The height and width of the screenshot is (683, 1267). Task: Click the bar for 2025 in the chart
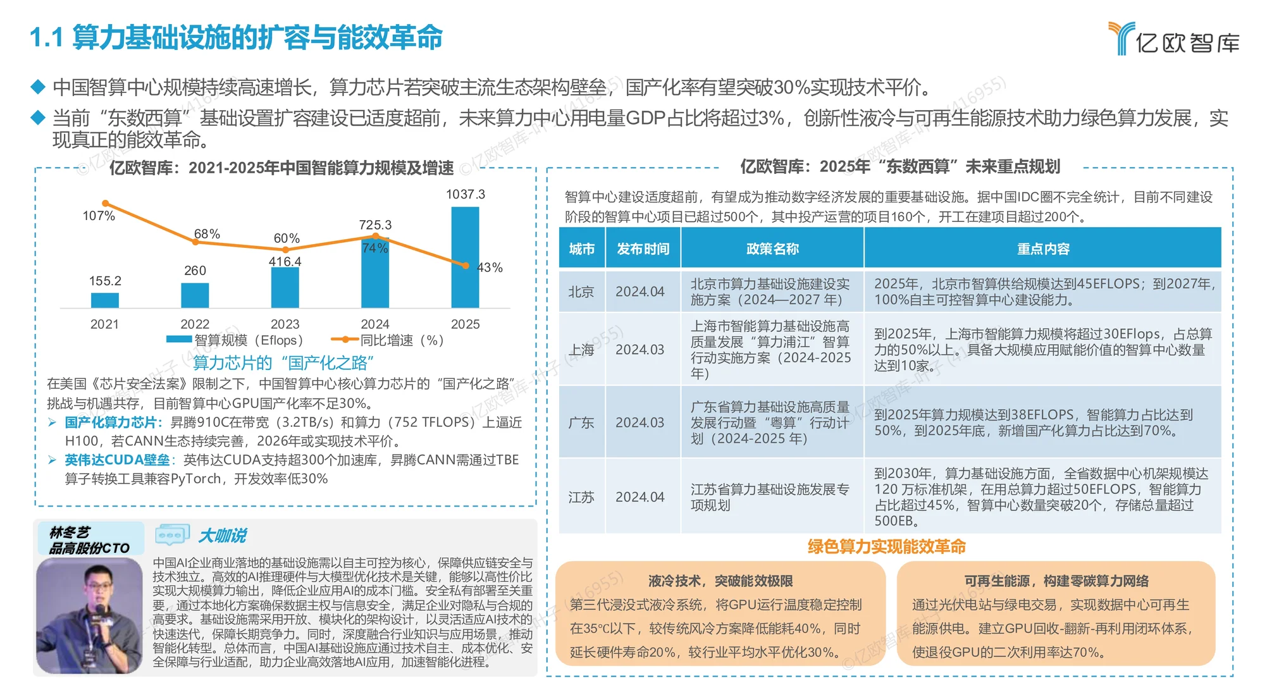(465, 257)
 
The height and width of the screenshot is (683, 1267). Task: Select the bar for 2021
(105, 300)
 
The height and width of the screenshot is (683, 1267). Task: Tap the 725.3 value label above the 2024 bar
(375, 225)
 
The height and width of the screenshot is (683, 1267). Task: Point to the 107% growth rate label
(99, 216)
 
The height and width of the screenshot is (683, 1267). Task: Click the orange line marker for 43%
(466, 266)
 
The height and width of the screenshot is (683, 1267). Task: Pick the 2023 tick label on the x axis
(285, 324)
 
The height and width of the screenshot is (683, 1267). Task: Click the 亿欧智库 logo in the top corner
(1173, 39)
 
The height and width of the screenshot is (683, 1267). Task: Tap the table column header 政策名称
(772, 249)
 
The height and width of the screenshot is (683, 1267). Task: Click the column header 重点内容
(1042, 249)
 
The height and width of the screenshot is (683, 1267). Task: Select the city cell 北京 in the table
(581, 292)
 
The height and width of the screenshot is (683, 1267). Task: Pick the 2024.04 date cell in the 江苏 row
(640, 497)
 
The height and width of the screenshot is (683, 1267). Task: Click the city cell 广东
(581, 422)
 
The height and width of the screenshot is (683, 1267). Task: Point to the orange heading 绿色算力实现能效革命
(886, 546)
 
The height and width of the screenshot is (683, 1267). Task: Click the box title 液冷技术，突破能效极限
(720, 581)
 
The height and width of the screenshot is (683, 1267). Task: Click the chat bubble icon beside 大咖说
(172, 535)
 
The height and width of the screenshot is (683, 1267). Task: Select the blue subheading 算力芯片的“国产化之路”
(283, 362)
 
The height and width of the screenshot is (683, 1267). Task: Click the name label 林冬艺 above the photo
(70, 532)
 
